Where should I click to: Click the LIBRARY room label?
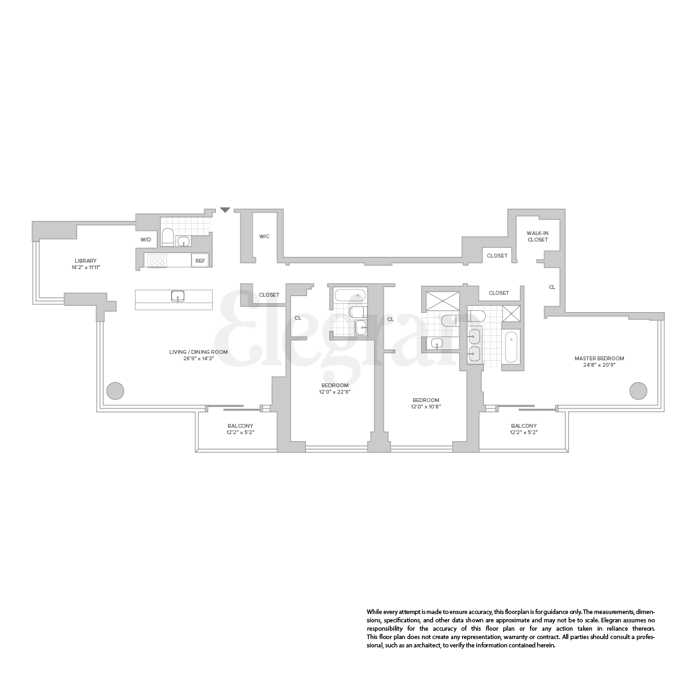(85, 261)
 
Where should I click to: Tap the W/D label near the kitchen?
(145, 240)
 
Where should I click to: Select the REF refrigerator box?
(200, 261)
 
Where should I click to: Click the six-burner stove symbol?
(157, 261)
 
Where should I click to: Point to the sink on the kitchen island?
(178, 296)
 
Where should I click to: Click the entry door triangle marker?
(224, 210)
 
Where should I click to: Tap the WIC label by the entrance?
(264, 236)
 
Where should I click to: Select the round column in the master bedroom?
(638, 390)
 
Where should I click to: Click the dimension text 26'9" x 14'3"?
(199, 358)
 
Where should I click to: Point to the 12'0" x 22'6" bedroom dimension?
(335, 392)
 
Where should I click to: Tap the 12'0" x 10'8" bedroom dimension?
(426, 407)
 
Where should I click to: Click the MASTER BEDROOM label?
(599, 358)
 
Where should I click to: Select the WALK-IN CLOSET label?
(537, 236)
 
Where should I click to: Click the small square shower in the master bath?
(512, 313)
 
